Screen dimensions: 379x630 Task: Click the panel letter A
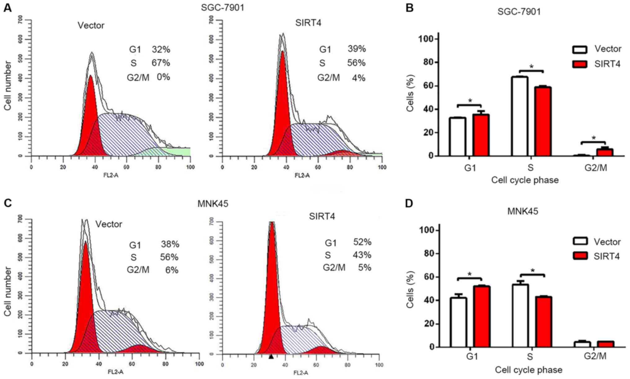(7, 8)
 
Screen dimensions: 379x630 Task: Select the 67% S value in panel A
(161, 63)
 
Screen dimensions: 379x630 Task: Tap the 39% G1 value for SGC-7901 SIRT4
(357, 49)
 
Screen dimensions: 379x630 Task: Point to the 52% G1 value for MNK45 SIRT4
(362, 242)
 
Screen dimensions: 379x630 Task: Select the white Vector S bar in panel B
(520, 116)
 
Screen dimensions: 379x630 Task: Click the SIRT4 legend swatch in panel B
(579, 64)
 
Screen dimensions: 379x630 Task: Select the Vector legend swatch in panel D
(579, 241)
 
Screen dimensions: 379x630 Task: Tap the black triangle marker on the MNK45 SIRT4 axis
(271, 357)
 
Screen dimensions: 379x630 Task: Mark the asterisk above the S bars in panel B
(531, 67)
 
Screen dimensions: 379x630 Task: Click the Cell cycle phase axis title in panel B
(525, 180)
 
